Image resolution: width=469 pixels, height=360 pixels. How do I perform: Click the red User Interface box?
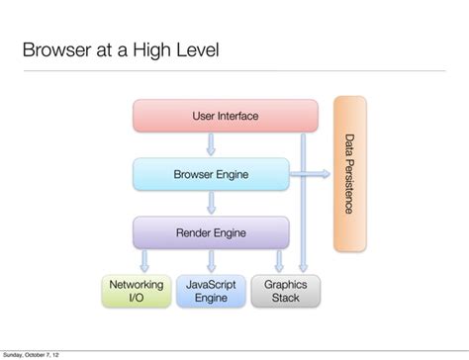(226, 116)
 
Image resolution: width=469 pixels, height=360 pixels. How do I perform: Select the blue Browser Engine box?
(211, 174)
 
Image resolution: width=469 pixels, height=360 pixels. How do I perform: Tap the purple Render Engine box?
(211, 232)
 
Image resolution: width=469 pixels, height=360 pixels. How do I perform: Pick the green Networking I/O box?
(137, 291)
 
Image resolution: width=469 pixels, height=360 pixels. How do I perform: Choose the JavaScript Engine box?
(211, 291)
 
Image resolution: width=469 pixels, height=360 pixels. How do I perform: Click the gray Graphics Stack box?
(285, 291)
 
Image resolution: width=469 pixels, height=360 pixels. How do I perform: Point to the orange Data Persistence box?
(349, 174)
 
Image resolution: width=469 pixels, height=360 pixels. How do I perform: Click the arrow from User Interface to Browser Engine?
(211, 144)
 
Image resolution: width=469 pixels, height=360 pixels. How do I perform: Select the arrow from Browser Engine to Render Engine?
(211, 203)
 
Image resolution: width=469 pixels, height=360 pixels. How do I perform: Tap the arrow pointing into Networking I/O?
(144, 261)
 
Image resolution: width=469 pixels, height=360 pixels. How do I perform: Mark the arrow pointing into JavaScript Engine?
(211, 261)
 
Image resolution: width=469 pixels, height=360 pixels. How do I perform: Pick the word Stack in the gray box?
(285, 298)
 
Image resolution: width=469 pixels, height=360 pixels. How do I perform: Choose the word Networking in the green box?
(137, 284)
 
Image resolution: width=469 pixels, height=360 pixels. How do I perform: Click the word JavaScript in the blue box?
(211, 284)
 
